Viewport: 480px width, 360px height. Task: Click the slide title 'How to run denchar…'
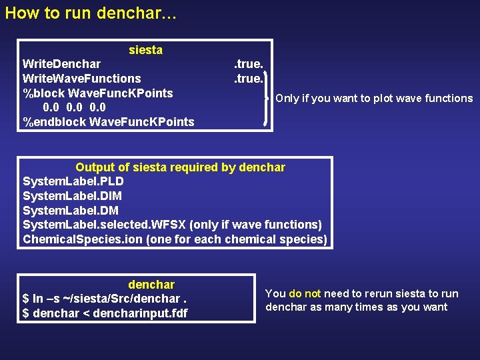91,13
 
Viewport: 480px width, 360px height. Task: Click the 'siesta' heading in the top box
145,50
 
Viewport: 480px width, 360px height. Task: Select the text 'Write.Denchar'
61,64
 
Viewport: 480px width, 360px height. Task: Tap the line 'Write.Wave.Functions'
81,79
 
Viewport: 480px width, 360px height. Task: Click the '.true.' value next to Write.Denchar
248,64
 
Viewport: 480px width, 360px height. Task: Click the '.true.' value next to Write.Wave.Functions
248,79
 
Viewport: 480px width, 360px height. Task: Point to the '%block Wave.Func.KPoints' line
97,93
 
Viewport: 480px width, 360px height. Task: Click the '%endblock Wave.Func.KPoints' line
108,122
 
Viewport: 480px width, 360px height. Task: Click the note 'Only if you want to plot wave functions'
374,99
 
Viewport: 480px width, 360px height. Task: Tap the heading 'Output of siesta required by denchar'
180,167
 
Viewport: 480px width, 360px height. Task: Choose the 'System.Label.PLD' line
73,181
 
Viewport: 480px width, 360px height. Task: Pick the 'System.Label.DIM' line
72,196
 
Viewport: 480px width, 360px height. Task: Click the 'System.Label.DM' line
70,211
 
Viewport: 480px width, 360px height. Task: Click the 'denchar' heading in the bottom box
151,285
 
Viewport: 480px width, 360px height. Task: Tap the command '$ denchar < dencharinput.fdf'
105,313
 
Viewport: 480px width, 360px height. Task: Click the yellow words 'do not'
305,294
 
